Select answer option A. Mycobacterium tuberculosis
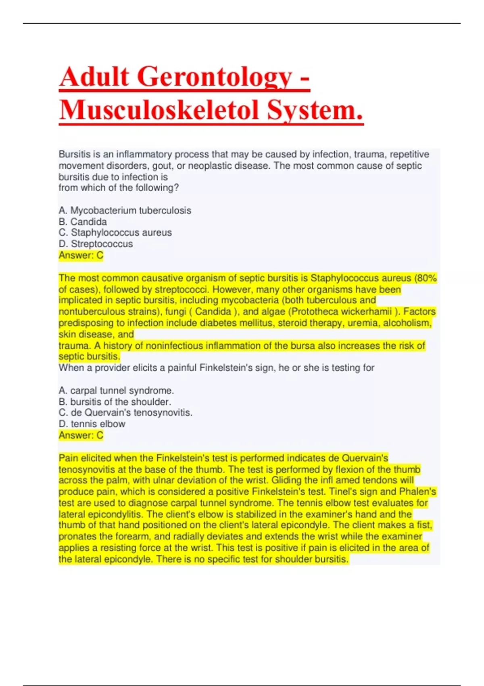pyautogui.click(x=125, y=210)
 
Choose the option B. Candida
pyautogui.click(x=83, y=222)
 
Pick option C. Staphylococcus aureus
pyautogui.click(x=115, y=232)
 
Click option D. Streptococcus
pyautogui.click(x=96, y=244)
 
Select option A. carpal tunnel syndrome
pyautogui.click(x=117, y=390)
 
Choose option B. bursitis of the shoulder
pyautogui.click(x=115, y=402)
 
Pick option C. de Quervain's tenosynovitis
pyautogui.click(x=126, y=412)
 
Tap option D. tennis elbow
pyautogui.click(x=92, y=424)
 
